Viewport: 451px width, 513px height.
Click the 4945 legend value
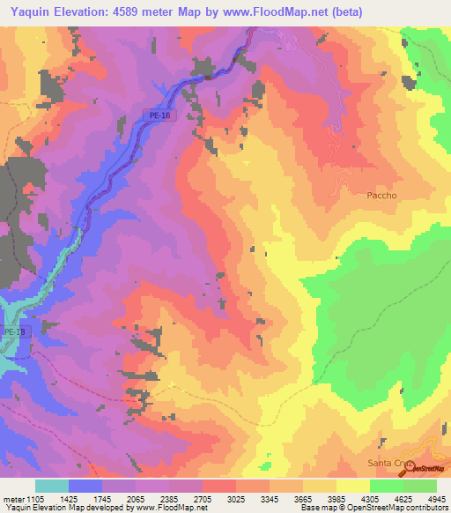436,497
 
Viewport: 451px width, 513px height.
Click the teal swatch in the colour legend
52,486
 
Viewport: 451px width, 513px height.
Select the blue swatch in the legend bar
85,486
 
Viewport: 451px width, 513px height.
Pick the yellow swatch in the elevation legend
352,486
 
